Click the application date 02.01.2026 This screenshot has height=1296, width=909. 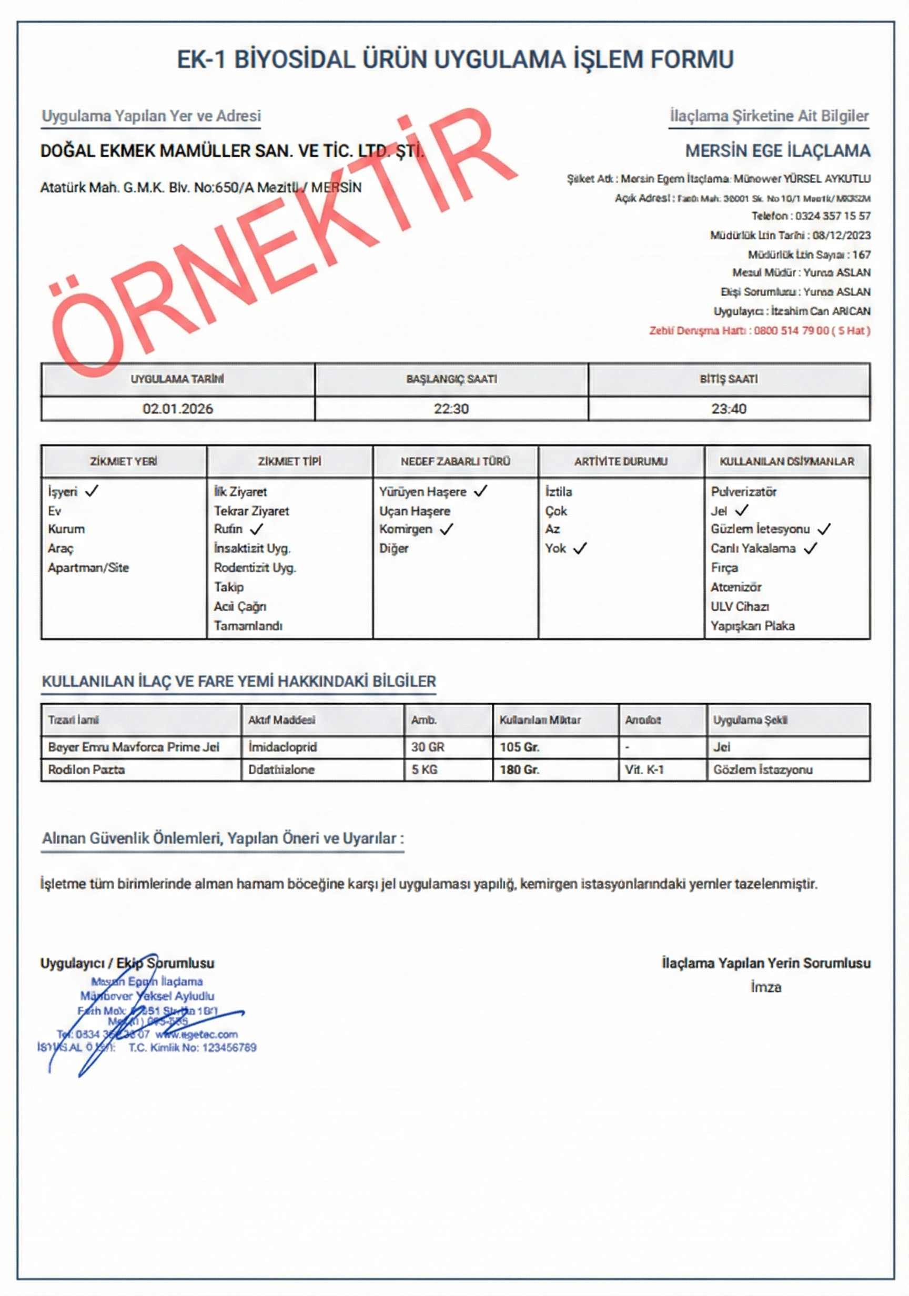point(177,409)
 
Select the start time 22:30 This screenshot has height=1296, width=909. point(451,409)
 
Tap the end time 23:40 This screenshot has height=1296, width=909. point(729,409)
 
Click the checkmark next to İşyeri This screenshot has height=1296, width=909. point(91,491)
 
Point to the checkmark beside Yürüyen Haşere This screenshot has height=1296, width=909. point(480,491)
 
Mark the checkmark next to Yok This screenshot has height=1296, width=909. point(580,548)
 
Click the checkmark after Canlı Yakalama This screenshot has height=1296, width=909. point(811,548)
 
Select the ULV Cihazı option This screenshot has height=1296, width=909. point(740,607)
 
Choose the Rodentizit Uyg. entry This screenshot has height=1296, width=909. point(255,568)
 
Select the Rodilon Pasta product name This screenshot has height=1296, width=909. point(86,770)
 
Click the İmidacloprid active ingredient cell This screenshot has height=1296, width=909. point(282,747)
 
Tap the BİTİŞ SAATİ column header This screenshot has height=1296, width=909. point(729,379)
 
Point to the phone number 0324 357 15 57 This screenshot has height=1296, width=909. point(833,216)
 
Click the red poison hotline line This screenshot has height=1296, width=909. point(760,331)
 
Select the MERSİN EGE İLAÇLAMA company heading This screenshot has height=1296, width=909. point(777,151)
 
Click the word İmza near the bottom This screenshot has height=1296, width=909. point(765,987)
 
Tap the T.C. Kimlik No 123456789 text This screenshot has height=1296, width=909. point(192,1048)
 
